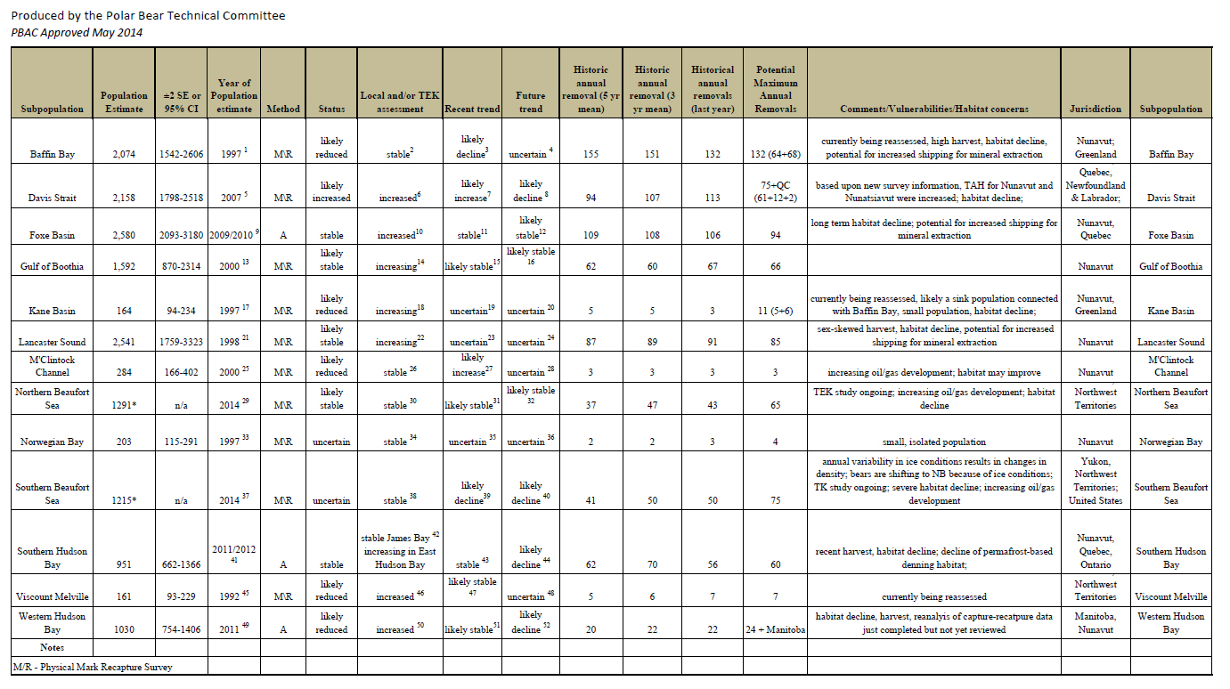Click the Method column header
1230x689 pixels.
[x=282, y=109]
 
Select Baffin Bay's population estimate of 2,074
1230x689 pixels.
[x=124, y=154]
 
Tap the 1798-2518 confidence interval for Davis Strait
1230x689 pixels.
[x=181, y=199]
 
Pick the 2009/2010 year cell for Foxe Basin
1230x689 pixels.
[x=232, y=235]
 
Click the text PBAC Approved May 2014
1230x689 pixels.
[x=77, y=33]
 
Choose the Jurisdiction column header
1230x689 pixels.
[x=1095, y=109]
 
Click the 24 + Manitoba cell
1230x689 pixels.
[x=775, y=630]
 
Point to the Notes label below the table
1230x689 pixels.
[x=52, y=647]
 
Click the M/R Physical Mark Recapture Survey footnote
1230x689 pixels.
[x=93, y=667]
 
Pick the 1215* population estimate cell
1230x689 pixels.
[x=124, y=501]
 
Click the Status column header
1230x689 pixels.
[x=331, y=109]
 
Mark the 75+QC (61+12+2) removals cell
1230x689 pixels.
[x=775, y=191]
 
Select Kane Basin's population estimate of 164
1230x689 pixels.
[x=124, y=312]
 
